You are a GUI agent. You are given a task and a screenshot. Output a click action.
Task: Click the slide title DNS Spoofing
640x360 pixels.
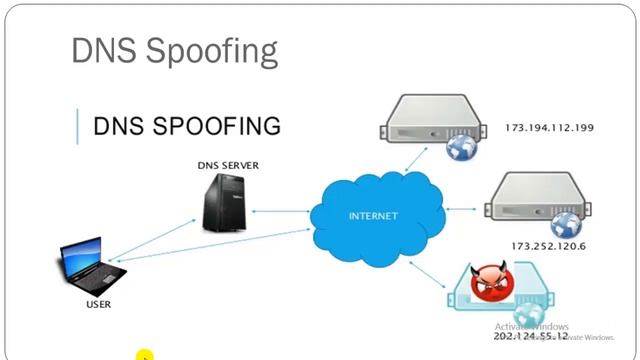[174, 51]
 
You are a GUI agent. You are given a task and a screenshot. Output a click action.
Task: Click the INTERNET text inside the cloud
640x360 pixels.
[372, 216]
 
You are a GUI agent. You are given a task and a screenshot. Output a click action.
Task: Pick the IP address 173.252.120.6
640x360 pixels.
[549, 245]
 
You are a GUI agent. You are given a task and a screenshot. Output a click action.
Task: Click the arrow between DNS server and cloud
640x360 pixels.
[279, 211]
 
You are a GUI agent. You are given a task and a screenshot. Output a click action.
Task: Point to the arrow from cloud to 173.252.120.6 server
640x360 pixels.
[463, 209]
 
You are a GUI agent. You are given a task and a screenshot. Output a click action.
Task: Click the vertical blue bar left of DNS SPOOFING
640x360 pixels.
[77, 126]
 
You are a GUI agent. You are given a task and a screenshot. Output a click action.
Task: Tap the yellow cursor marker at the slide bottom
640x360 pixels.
[145, 354]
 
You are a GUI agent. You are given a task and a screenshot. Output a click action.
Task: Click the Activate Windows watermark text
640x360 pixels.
[531, 327]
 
